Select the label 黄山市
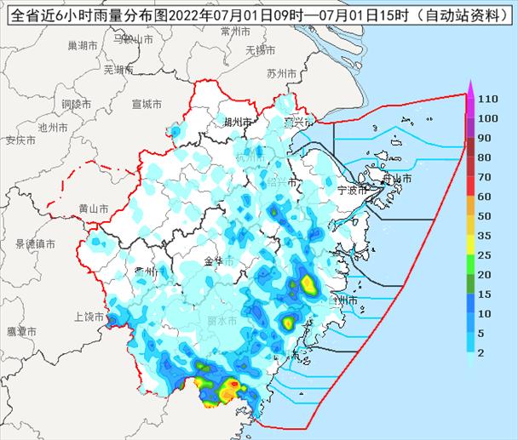[x=93, y=209]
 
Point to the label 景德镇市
[x=35, y=244]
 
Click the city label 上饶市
[x=89, y=317]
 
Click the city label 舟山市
[x=396, y=179]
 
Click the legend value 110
[x=487, y=100]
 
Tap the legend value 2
[x=481, y=351]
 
